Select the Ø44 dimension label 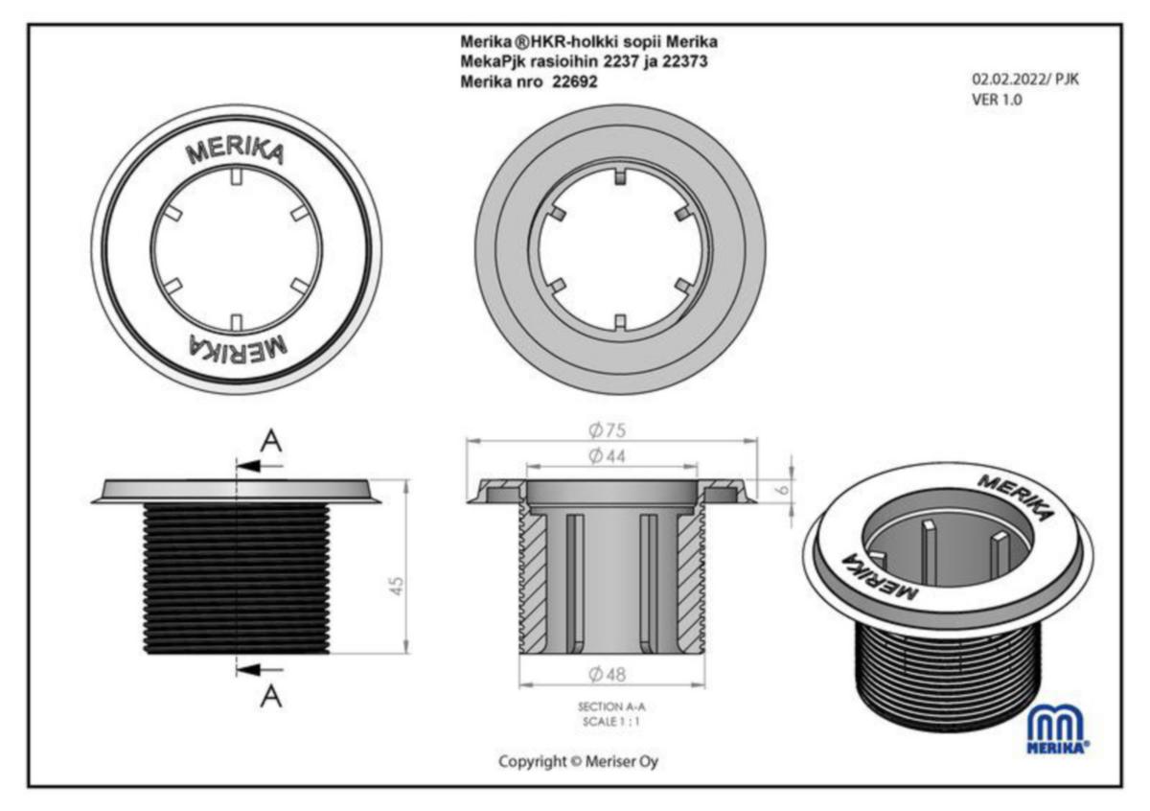pyautogui.click(x=610, y=455)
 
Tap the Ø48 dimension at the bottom pyautogui.click(x=610, y=674)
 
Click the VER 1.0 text pyautogui.click(x=997, y=98)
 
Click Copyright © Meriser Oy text pyautogui.click(x=578, y=761)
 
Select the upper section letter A pyautogui.click(x=273, y=440)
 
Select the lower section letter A pyautogui.click(x=272, y=698)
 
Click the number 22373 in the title pyautogui.click(x=690, y=61)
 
